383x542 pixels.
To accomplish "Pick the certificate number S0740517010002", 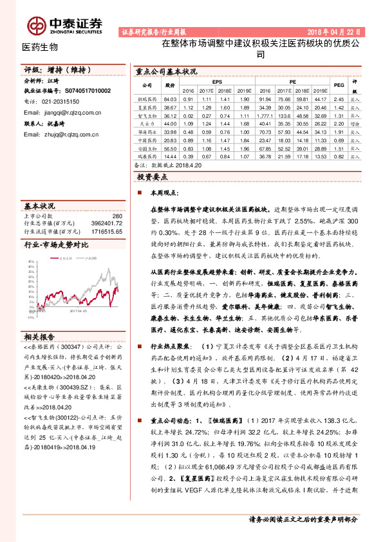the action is pos(80,91).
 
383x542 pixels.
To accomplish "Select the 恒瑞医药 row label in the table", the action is pos(147,99).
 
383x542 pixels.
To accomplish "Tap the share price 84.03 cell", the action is pos(171,99).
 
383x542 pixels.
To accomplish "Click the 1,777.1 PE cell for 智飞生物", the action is pos(264,115).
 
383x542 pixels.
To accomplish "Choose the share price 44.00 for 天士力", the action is pos(171,122).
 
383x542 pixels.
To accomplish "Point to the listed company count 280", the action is pos(117,216).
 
